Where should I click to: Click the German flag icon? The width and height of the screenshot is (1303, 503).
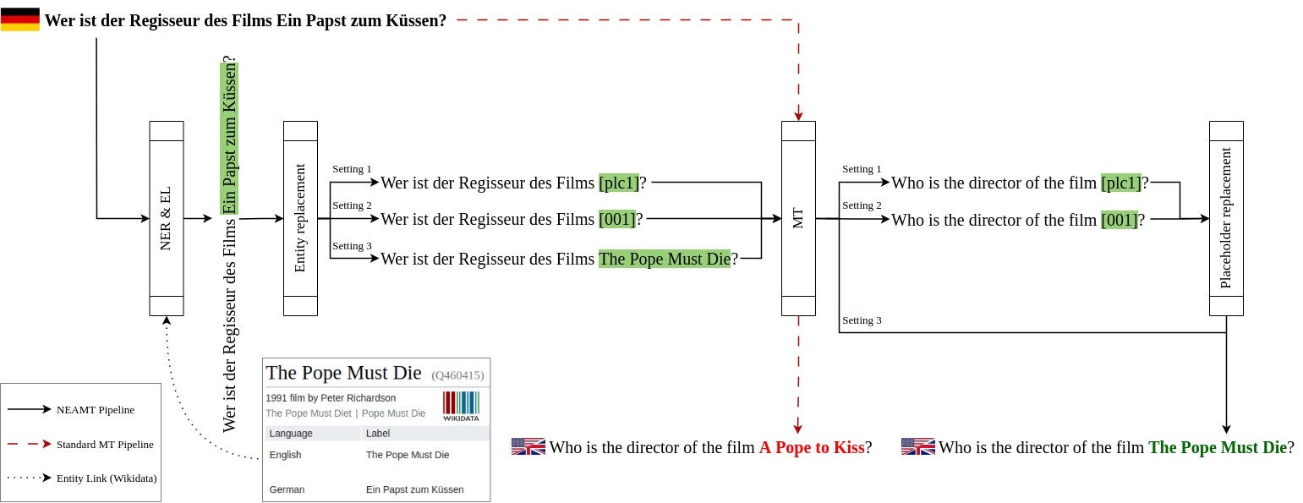tap(19, 19)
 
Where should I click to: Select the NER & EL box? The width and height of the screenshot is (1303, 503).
tap(166, 218)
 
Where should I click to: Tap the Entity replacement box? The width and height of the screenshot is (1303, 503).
tap(300, 218)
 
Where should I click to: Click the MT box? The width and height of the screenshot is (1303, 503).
tap(798, 218)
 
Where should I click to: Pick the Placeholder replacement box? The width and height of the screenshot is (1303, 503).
tap(1226, 218)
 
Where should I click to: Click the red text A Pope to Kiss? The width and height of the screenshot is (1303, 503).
tap(811, 447)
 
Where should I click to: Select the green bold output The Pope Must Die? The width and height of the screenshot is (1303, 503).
tap(1217, 447)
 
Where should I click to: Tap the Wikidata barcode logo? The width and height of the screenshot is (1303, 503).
tap(460, 406)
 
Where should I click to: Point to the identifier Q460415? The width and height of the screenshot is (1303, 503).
tap(457, 375)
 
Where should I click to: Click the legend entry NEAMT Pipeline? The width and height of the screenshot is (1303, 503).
tap(95, 410)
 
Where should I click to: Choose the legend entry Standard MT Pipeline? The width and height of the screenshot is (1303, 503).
tap(105, 444)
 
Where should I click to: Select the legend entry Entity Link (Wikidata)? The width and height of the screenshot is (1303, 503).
tap(107, 478)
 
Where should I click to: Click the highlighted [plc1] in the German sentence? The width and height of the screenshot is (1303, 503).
tap(618, 183)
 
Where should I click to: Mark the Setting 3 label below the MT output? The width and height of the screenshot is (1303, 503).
tap(862, 320)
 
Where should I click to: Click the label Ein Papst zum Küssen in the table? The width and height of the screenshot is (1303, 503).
tap(414, 489)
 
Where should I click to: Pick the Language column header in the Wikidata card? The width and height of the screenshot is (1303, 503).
tap(291, 434)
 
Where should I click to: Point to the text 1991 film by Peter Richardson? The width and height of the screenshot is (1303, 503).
tap(331, 397)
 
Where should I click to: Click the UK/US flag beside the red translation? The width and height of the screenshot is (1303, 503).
tap(528, 447)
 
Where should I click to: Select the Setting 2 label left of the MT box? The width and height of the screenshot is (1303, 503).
tap(352, 205)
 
